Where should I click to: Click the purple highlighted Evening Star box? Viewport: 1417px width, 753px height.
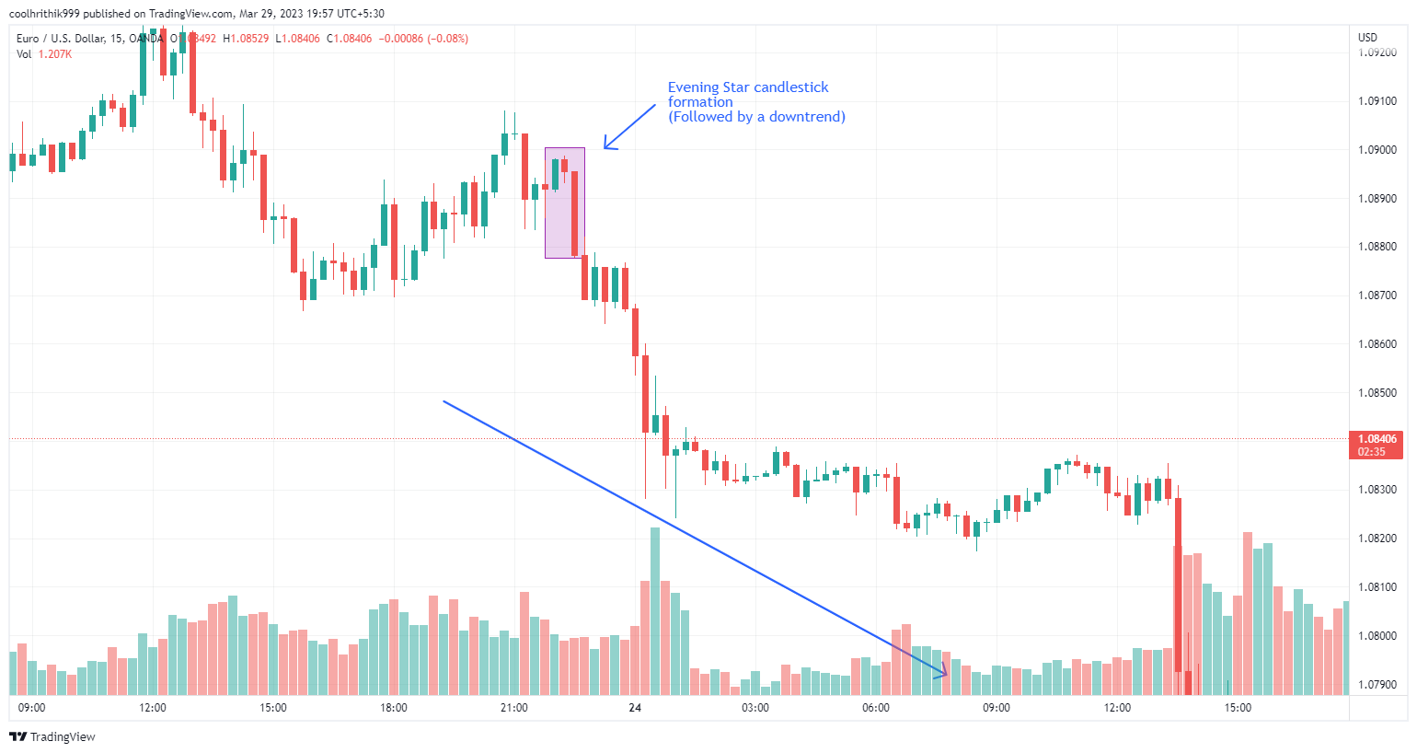tap(564, 203)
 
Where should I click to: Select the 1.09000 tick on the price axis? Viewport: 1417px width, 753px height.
tap(1377, 150)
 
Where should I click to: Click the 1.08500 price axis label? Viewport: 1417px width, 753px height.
tap(1377, 393)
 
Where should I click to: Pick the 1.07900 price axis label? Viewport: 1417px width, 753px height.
tap(1377, 685)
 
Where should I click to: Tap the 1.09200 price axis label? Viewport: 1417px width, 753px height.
tap(1377, 53)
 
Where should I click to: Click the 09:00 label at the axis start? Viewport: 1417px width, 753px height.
tap(32, 708)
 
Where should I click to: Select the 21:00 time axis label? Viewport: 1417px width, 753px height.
tap(514, 708)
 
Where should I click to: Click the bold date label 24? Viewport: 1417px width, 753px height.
tap(635, 708)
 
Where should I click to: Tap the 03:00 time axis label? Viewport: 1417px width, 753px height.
tap(755, 708)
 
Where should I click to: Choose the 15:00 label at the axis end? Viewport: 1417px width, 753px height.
tap(1238, 708)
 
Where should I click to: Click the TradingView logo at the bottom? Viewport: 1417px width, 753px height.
tap(52, 736)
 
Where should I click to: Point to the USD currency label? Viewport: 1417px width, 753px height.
tap(1368, 38)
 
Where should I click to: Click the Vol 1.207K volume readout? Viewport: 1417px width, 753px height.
tap(44, 54)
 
